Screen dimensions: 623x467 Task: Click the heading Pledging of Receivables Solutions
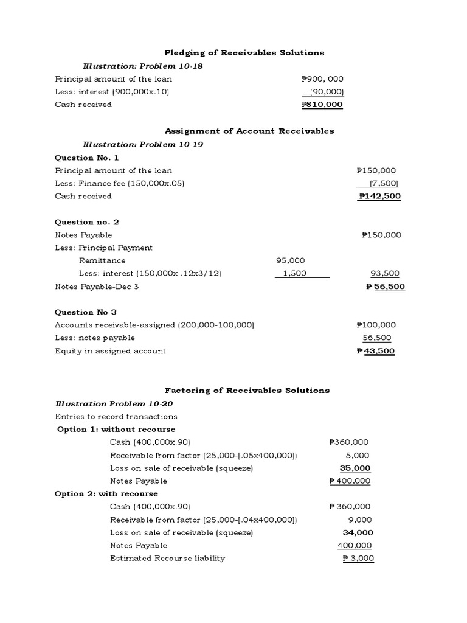tap(244, 53)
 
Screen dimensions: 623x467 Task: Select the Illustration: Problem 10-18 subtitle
tap(142, 66)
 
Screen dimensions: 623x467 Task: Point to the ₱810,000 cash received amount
tap(322, 105)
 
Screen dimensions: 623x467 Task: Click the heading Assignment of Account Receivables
tap(249, 131)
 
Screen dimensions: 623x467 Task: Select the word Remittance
tap(102, 260)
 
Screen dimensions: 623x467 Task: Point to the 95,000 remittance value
tap(291, 260)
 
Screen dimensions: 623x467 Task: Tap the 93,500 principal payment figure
tap(381, 273)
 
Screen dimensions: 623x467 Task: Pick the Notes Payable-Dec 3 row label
tap(97, 286)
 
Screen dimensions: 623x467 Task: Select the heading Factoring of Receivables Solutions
tap(247, 390)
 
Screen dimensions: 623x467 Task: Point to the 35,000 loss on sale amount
tap(355, 468)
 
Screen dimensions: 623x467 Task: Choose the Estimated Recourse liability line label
tap(167, 558)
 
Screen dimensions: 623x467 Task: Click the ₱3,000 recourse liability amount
tap(358, 558)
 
